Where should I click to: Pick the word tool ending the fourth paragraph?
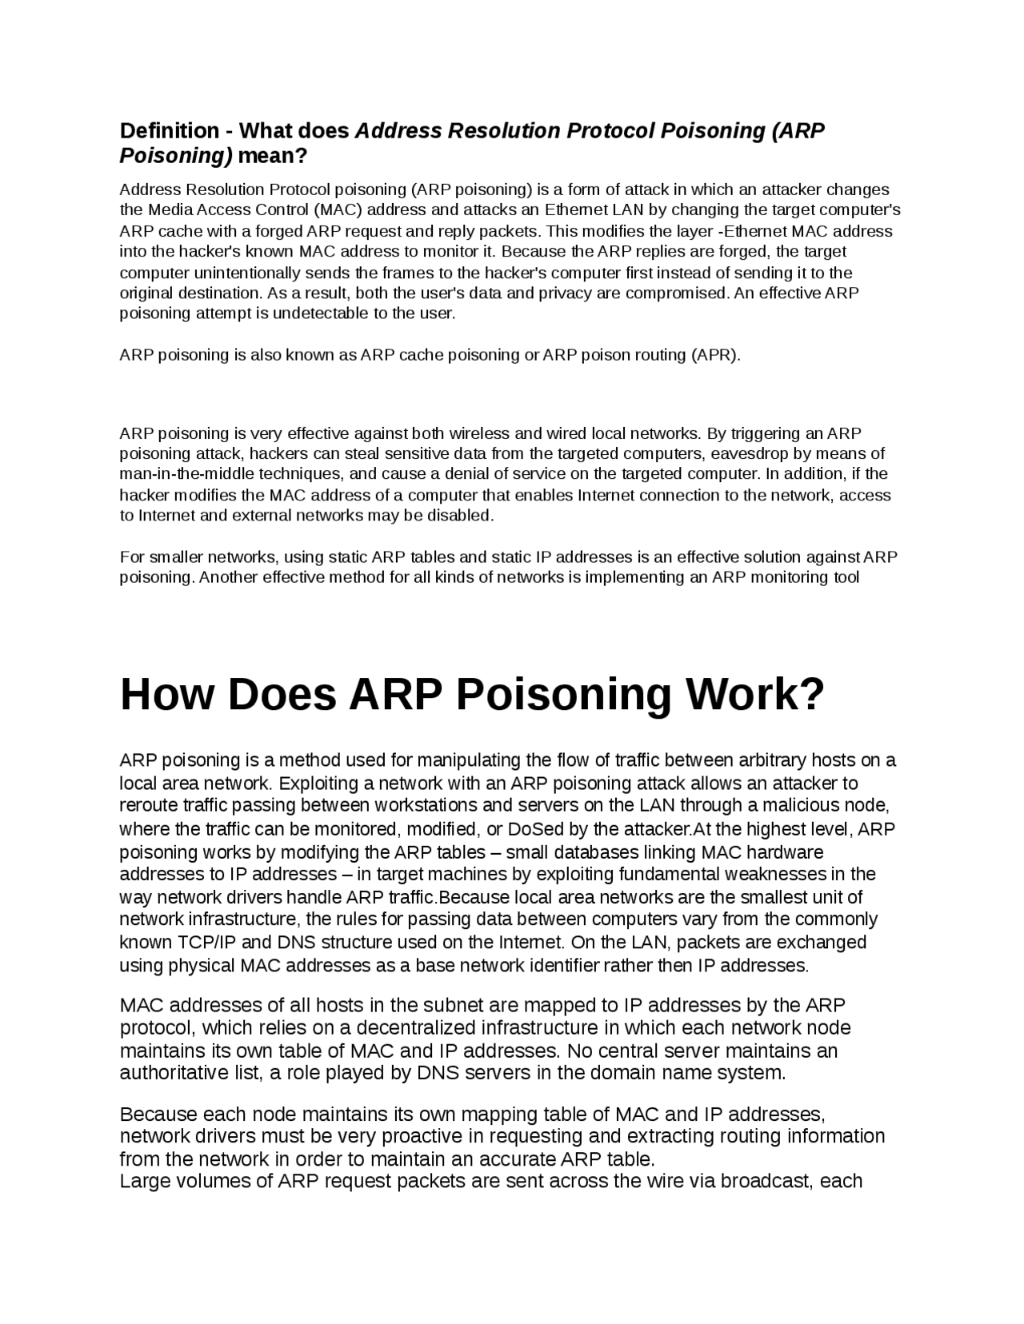(x=846, y=577)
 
